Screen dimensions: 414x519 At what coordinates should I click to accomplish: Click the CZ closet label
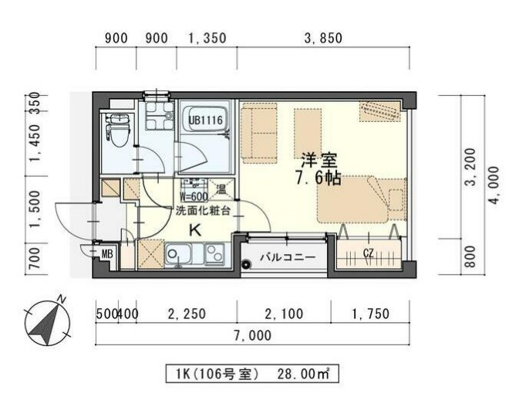[369, 253]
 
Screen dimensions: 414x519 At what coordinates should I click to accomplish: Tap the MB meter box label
[106, 253]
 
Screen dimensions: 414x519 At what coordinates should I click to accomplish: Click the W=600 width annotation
[195, 196]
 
